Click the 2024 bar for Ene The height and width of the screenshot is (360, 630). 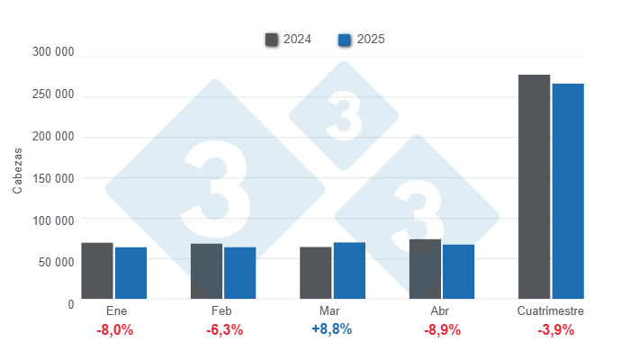97,270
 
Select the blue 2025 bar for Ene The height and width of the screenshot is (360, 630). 130,273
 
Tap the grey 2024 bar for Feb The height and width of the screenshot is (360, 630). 206,271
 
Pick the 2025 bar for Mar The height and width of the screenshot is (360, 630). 349,270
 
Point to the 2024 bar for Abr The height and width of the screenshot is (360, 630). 425,268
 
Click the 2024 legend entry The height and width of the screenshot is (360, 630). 288,40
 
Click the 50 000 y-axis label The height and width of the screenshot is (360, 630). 57,262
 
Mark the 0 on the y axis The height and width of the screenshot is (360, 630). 70,304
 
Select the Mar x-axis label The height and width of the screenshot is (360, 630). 331,311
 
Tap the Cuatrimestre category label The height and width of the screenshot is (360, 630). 551,311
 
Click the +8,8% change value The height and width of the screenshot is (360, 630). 331,329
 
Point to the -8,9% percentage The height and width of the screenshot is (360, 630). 441,329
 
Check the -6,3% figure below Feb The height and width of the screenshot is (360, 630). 224,329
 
